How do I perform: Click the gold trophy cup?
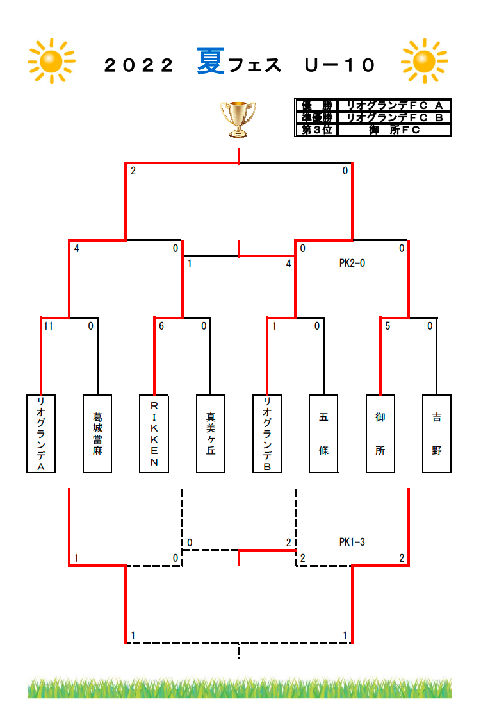tap(238, 119)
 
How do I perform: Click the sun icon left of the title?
tap(51, 61)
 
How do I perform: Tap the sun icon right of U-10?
tap(425, 61)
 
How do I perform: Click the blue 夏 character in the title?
tap(211, 62)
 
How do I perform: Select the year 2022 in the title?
tap(139, 65)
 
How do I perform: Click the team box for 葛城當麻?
tap(97, 434)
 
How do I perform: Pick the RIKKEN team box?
tap(154, 434)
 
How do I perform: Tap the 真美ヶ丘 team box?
tap(211, 434)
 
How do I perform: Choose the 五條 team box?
tap(323, 434)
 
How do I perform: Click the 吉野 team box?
tap(437, 434)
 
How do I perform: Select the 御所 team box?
tap(380, 434)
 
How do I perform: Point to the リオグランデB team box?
tap(267, 434)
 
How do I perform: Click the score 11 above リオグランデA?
tap(49, 326)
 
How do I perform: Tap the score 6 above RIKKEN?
tap(161, 326)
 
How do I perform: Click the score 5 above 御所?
tap(387, 326)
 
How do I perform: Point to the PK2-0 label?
tap(352, 263)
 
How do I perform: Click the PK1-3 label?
tap(352, 542)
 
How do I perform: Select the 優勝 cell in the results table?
tap(316, 106)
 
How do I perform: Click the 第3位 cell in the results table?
tap(316, 130)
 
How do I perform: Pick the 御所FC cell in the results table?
tap(395, 130)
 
